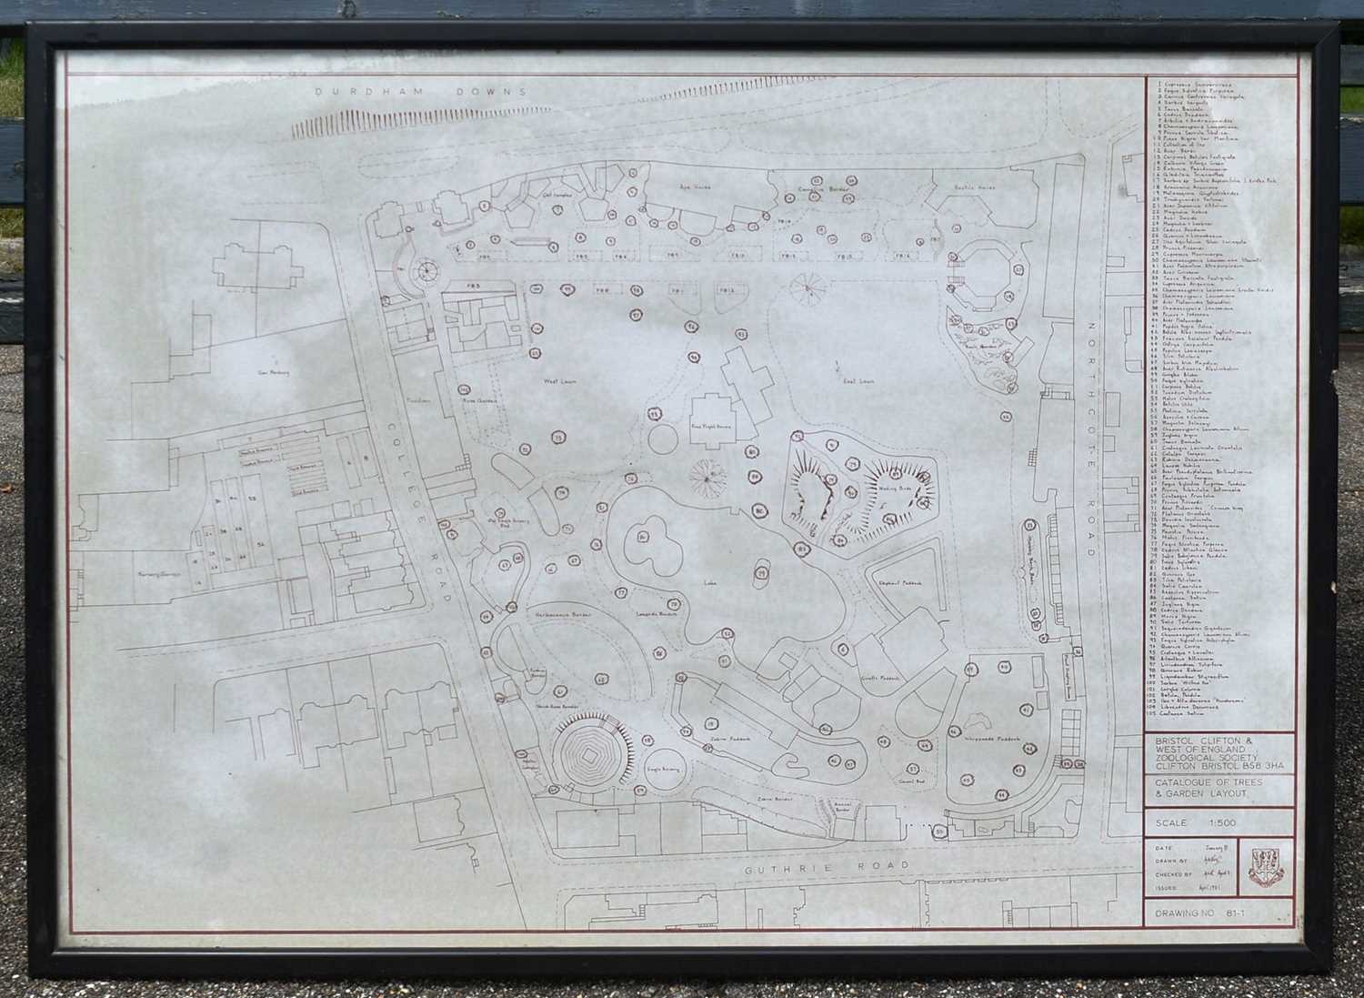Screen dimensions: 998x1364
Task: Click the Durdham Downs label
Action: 421,92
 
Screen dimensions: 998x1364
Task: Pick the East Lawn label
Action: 858,381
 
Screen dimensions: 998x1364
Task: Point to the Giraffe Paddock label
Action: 878,677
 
